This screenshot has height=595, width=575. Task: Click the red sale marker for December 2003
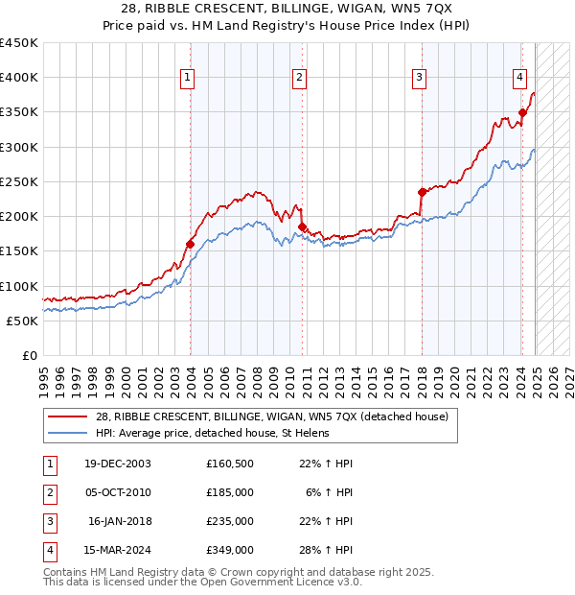(190, 244)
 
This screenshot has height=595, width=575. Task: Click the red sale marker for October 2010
(302, 227)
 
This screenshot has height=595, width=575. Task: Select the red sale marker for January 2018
(422, 192)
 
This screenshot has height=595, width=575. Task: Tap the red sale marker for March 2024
(522, 112)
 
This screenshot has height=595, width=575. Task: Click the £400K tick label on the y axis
(18, 78)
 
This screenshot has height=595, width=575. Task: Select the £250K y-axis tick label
(18, 181)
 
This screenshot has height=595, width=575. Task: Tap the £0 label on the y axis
(29, 355)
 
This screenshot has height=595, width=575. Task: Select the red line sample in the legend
(67, 416)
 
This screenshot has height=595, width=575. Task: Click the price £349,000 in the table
(230, 550)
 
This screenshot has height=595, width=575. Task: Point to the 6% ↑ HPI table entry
(330, 492)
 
